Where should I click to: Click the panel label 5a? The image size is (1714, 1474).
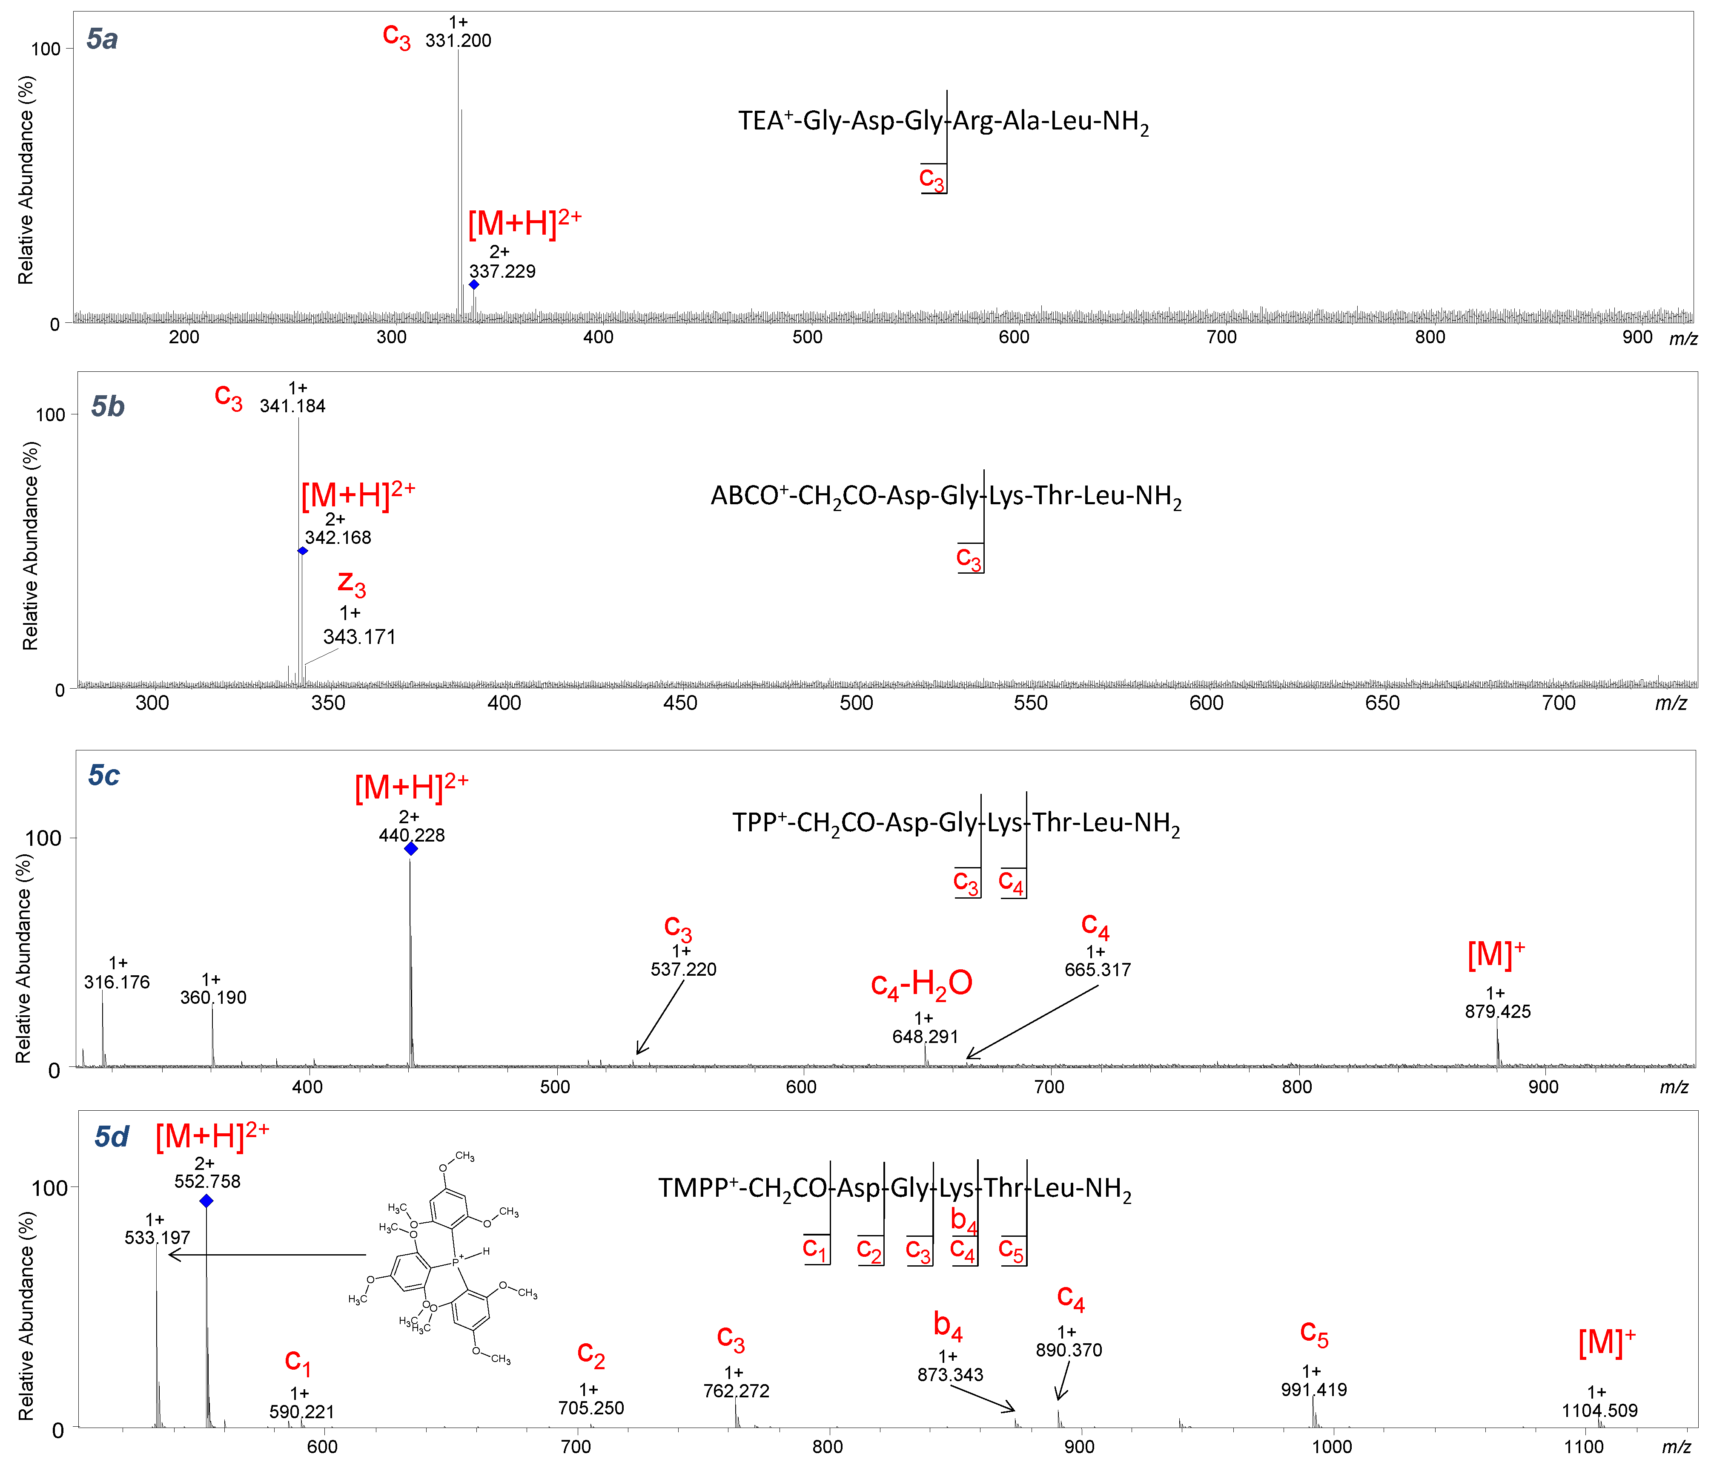point(103,39)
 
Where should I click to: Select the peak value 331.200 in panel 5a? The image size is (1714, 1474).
point(458,40)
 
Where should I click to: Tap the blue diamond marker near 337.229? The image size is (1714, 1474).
point(474,284)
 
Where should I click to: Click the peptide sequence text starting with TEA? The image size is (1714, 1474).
point(943,122)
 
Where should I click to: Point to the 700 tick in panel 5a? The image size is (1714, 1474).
point(1221,337)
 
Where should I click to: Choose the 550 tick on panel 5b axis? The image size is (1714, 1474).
point(1031,704)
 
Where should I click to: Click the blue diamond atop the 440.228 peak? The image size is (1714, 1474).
point(410,848)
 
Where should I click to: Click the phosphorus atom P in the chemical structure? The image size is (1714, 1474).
point(455,1263)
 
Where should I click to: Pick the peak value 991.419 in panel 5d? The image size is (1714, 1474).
point(1314,1390)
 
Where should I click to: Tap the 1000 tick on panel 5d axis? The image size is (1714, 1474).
point(1332,1447)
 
